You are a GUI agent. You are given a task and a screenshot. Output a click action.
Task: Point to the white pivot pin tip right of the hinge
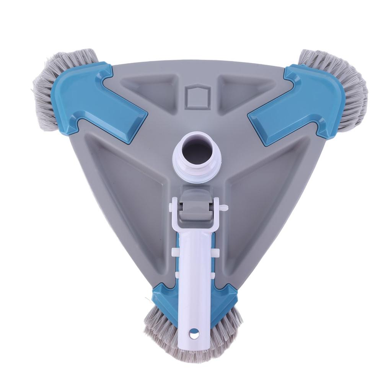point(225,208)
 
